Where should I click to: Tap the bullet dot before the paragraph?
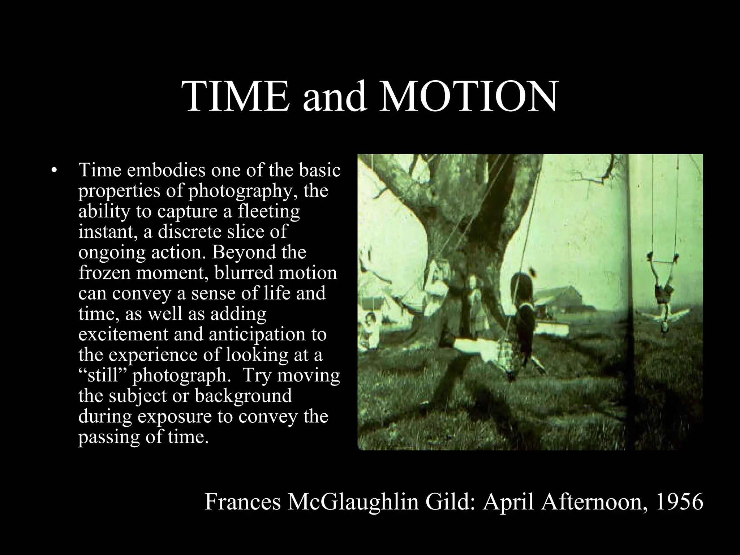pyautogui.click(x=55, y=170)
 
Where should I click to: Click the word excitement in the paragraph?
pyautogui.click(x=123, y=334)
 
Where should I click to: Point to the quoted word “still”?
pyautogui.click(x=102, y=375)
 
